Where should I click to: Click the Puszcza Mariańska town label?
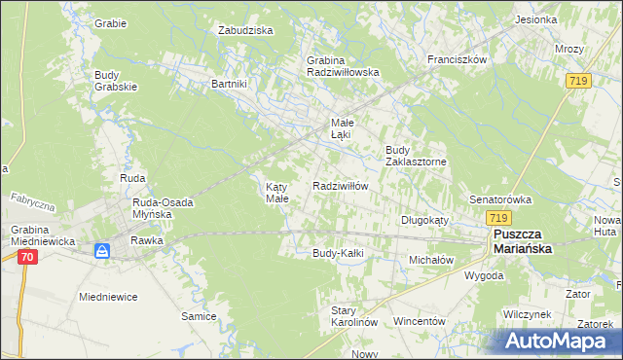point(522,242)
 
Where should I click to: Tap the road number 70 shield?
point(26,257)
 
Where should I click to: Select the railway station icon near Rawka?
point(103,251)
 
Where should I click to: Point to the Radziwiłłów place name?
point(340,186)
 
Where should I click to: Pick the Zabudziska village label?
point(245,30)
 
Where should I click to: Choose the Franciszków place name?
point(457,59)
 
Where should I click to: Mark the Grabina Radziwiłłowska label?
point(343,65)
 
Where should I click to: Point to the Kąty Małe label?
point(277,192)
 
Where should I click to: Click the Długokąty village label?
point(424,220)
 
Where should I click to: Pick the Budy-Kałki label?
point(338,253)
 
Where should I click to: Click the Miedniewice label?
point(109,296)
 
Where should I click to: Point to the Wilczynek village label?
point(529,315)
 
